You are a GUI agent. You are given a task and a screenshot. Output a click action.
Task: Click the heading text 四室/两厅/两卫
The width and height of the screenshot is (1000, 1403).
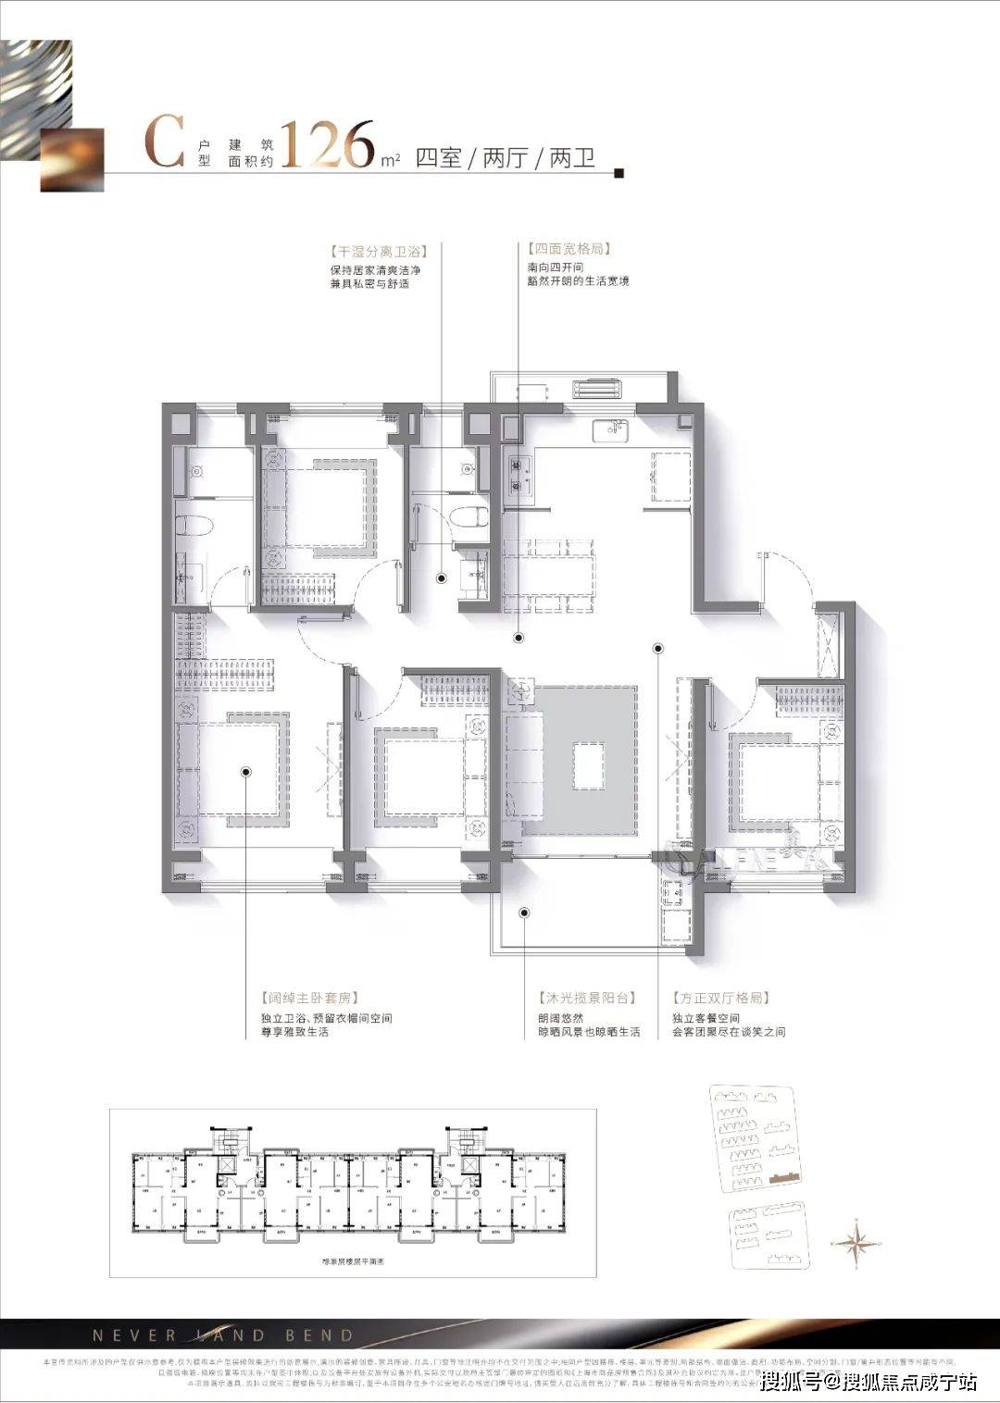tap(506, 158)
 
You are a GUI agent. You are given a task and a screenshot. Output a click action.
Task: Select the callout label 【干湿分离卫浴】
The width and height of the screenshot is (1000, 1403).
tap(374, 251)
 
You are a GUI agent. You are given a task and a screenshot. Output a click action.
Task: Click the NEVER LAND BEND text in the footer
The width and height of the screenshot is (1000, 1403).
tap(223, 1335)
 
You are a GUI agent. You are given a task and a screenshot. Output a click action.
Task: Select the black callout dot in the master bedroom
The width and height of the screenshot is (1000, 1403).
tap(246, 770)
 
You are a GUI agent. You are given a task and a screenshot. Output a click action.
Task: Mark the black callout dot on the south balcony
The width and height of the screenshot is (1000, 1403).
tap(524, 913)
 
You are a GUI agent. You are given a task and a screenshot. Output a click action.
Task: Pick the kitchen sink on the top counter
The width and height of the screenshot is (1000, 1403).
tap(611, 429)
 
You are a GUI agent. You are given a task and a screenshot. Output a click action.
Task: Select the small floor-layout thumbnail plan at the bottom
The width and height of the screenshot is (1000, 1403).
tap(352, 1186)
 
